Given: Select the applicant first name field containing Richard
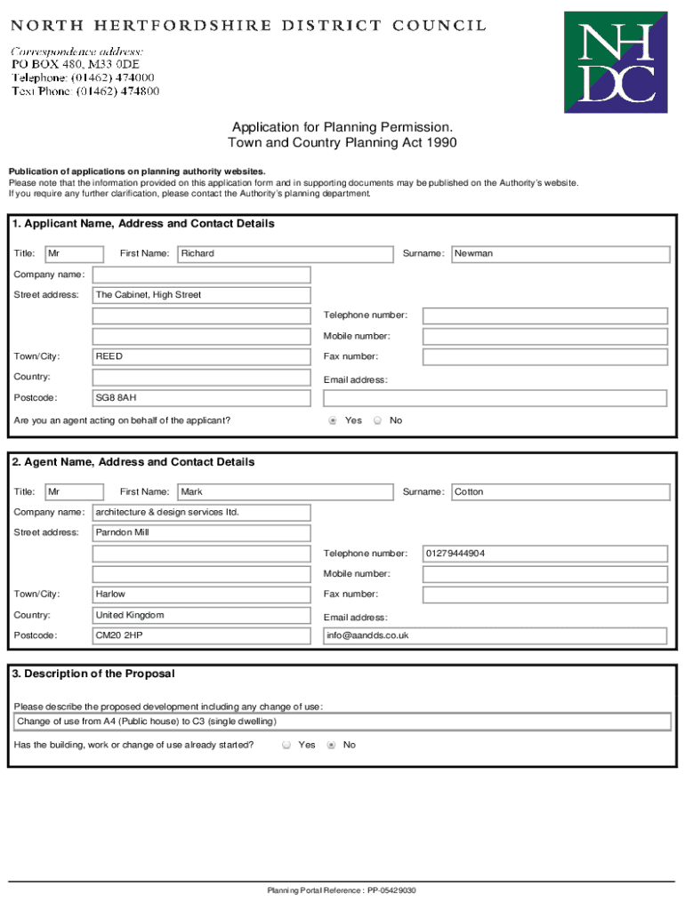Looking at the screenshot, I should click(285, 254).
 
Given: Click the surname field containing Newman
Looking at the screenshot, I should click(560, 254).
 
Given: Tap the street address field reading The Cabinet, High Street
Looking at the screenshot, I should click(201, 295).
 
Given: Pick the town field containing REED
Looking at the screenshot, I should click(201, 356).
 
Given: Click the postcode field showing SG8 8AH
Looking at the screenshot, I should click(201, 398).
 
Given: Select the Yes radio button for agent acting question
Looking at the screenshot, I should click(333, 421).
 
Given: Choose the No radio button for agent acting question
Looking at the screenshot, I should click(377, 421).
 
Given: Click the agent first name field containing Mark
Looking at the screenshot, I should click(285, 492).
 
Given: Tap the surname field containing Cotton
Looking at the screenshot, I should click(560, 492).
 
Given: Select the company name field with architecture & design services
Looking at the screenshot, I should click(201, 513).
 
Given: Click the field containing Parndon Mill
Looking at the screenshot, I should click(201, 533).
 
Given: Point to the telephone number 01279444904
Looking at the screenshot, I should click(544, 554).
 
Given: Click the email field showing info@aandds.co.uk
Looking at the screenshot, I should click(495, 636).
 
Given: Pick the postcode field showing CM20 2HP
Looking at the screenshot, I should click(201, 636).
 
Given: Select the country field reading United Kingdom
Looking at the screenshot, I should click(201, 615).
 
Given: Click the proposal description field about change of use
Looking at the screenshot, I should click(342, 722).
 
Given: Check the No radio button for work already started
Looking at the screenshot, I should click(331, 746).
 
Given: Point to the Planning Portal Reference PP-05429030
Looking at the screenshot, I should click(342, 890).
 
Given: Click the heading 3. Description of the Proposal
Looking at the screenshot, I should click(93, 674).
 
